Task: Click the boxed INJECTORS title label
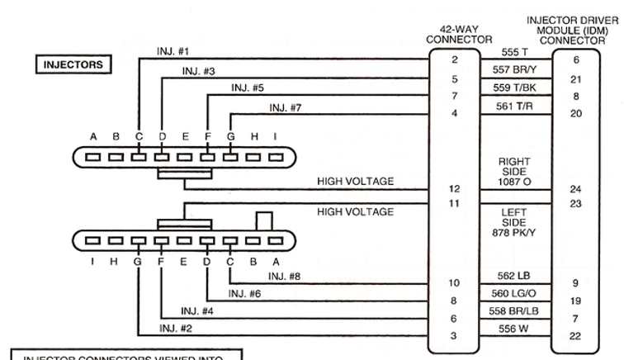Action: [72, 64]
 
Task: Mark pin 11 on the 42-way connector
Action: [454, 202]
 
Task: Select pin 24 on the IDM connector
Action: [575, 189]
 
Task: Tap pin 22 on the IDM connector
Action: [575, 335]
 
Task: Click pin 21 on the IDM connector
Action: [575, 79]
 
